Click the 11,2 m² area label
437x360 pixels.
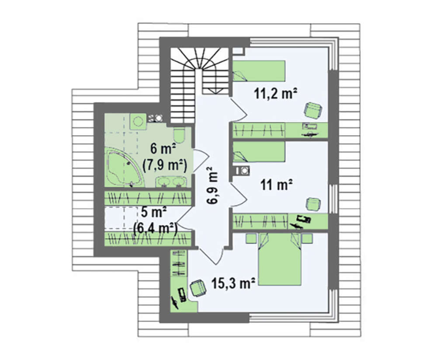click(x=275, y=94)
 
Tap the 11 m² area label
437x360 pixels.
click(x=276, y=185)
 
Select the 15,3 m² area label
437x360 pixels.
click(x=233, y=283)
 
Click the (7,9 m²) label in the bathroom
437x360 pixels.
click(x=164, y=165)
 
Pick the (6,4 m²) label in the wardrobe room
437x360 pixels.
click(x=156, y=229)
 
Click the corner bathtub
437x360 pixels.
click(x=124, y=167)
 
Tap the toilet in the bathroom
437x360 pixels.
click(x=179, y=135)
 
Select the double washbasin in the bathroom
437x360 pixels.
click(x=170, y=182)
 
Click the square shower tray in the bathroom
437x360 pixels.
click(x=138, y=122)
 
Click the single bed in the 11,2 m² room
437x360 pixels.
click(x=259, y=71)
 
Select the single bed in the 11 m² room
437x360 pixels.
click(x=259, y=152)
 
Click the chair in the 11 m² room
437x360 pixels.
click(x=313, y=204)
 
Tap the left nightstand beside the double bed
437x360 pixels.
click(x=251, y=238)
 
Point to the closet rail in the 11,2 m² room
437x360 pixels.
click(x=259, y=130)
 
